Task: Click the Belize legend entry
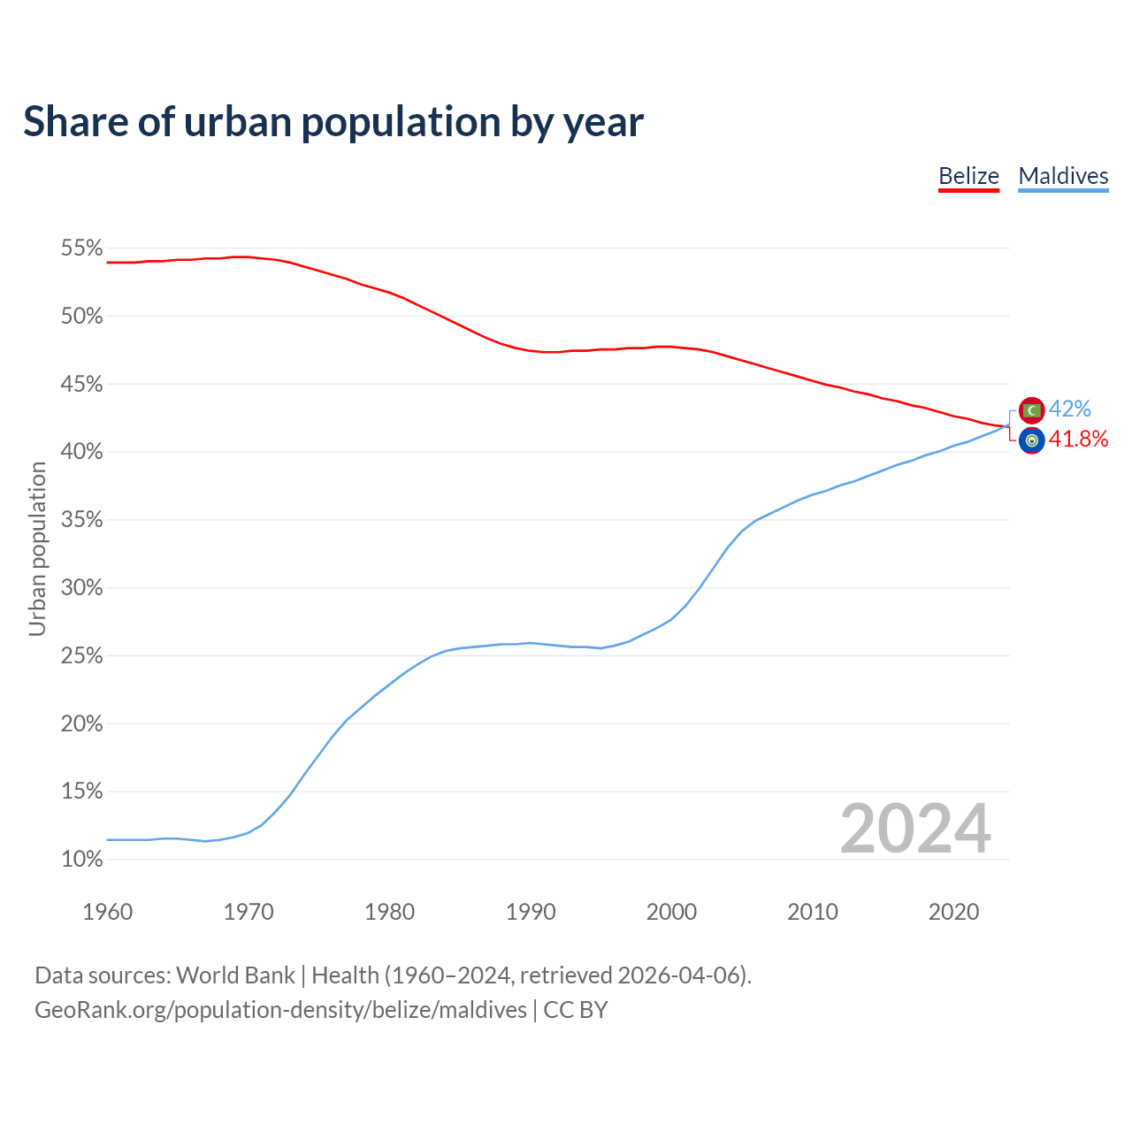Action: [968, 176]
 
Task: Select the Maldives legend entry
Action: [1063, 176]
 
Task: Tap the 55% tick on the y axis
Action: [82, 249]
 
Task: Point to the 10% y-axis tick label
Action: [82, 859]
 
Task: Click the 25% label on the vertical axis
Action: [82, 656]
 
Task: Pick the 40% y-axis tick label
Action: [82, 452]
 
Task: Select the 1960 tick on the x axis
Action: [107, 912]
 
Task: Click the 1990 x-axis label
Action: [531, 912]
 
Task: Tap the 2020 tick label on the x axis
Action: [953, 912]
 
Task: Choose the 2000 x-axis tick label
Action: [671, 912]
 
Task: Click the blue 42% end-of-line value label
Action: [1070, 409]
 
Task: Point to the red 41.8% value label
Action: [1078, 440]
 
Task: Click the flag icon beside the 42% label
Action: [1031, 410]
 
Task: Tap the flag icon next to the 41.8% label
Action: [1031, 440]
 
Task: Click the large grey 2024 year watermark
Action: [915, 829]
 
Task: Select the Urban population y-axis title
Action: [37, 549]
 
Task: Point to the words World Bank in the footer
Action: [235, 975]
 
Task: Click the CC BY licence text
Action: [576, 1010]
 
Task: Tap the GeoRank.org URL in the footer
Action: [280, 1010]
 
